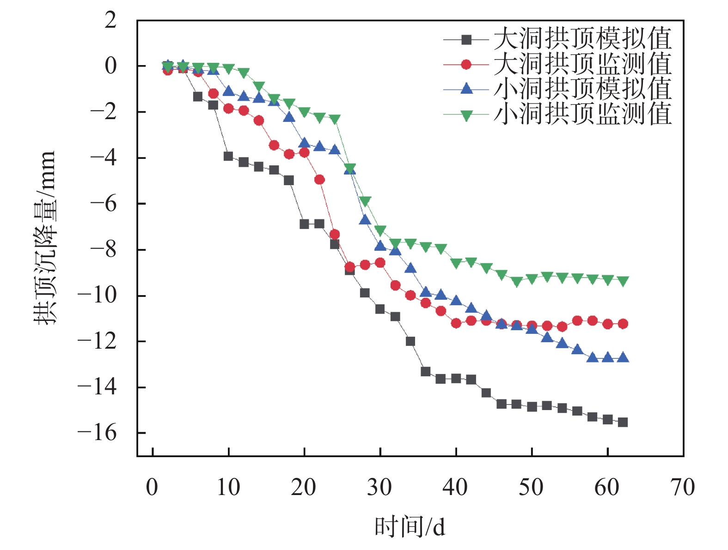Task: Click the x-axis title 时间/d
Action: point(410,527)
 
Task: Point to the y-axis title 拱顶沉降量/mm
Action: point(45,237)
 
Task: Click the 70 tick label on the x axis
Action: point(682,488)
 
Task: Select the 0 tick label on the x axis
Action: point(152,488)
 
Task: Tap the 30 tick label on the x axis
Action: point(379,488)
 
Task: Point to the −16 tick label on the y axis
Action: point(97,433)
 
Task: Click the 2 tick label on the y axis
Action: point(110,20)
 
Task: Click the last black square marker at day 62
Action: point(623,422)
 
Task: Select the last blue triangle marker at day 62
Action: point(623,357)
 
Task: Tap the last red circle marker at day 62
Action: point(623,324)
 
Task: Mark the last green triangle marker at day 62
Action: point(623,281)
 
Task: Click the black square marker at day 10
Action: point(228,156)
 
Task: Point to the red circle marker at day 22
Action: point(319,179)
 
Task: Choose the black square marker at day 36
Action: point(426,371)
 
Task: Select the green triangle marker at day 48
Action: point(517,282)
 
